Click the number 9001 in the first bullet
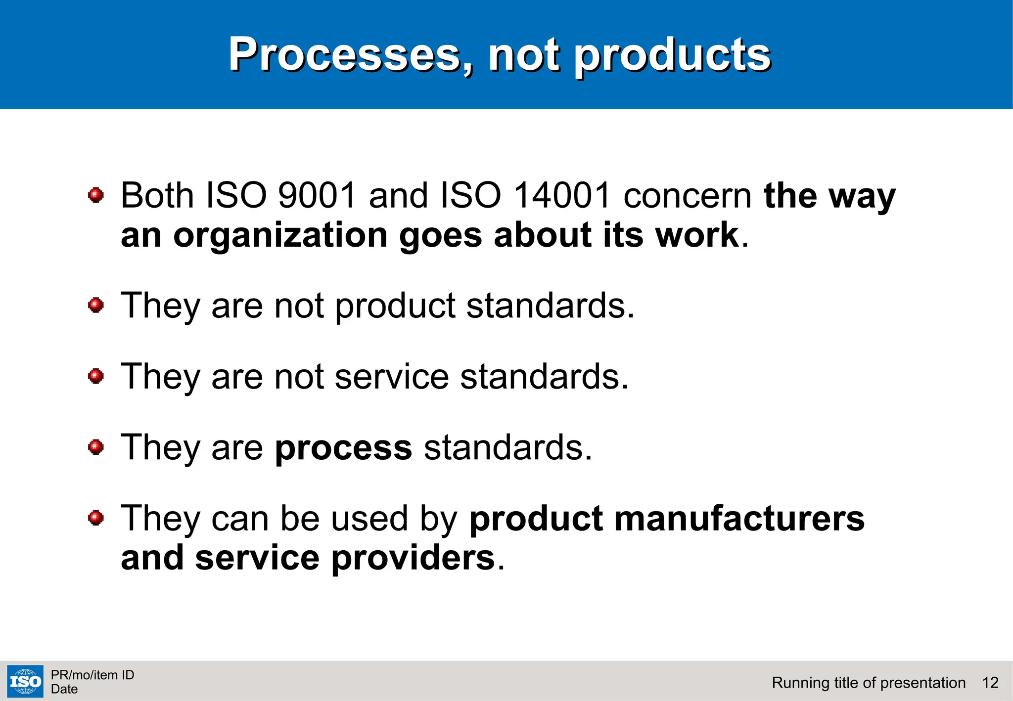click(317, 195)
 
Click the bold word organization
click(280, 236)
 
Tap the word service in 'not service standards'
click(392, 377)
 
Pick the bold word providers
click(413, 559)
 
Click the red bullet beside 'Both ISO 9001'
click(96, 195)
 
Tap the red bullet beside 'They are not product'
click(96, 305)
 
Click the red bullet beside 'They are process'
click(96, 447)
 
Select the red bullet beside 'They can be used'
click(96, 518)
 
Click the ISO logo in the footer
click(25, 682)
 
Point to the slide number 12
click(990, 683)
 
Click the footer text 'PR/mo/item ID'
click(92, 675)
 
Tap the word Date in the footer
click(64, 689)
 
